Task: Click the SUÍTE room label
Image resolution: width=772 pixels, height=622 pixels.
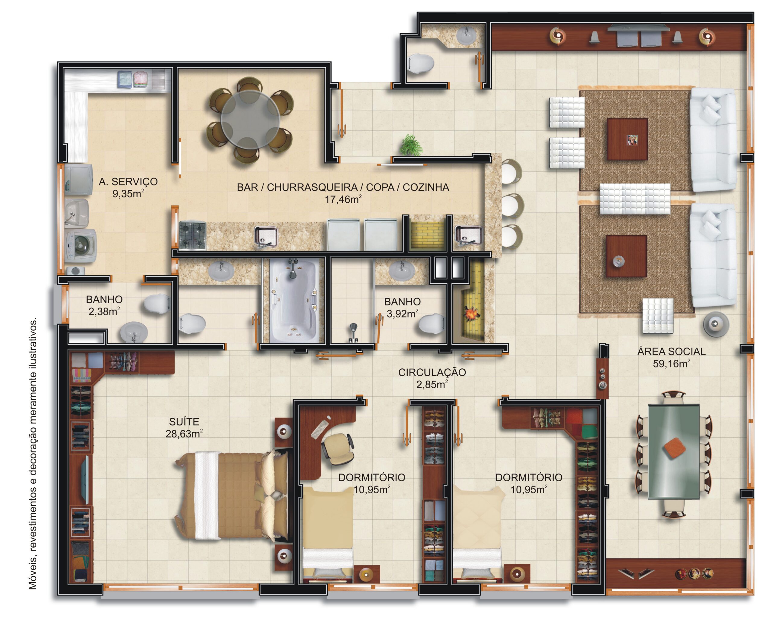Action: [x=184, y=422]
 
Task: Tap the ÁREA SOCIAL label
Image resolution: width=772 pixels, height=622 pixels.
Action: [x=671, y=352]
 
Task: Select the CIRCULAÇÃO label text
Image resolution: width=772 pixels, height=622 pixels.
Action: [x=432, y=372]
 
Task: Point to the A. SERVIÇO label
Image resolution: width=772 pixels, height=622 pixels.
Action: [x=128, y=182]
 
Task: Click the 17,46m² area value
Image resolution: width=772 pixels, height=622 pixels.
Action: [x=343, y=199]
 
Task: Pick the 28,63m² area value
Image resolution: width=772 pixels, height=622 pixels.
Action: [x=184, y=434]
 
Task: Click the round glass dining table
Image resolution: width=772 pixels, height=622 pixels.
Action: [x=250, y=120]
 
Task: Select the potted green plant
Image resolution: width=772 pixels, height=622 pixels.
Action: [x=411, y=145]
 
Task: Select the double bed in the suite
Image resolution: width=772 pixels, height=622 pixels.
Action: [x=233, y=495]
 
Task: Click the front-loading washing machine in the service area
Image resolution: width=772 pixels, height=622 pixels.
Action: [x=81, y=246]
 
